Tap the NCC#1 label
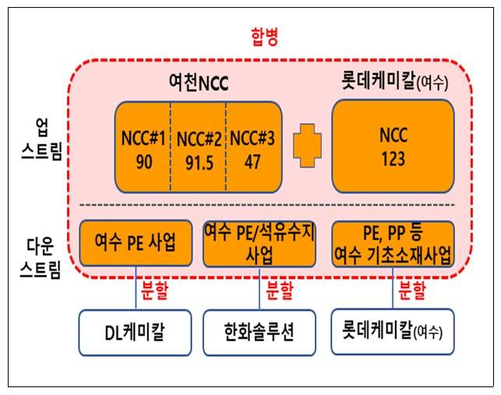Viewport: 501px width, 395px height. tap(143, 138)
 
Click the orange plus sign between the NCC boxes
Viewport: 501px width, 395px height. tap(307, 146)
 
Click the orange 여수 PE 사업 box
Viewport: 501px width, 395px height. tap(136, 244)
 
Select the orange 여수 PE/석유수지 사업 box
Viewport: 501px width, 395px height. tap(259, 244)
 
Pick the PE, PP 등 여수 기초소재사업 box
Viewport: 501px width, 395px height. tap(393, 244)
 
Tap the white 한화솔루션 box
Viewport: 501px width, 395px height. tap(259, 333)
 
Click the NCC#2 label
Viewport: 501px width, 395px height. tap(198, 139)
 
